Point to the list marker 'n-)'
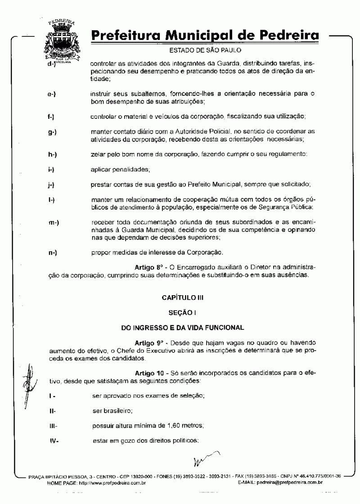53,253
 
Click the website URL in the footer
112,482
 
